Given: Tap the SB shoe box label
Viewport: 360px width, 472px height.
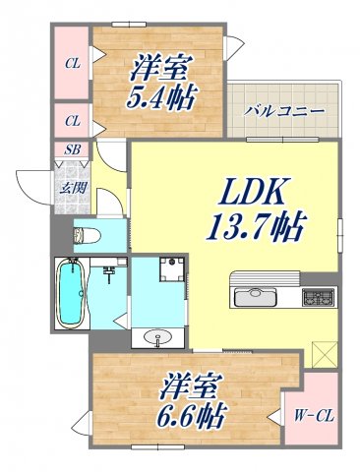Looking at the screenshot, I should pos(73,150).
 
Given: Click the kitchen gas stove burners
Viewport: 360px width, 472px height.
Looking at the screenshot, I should pos(317,295).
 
